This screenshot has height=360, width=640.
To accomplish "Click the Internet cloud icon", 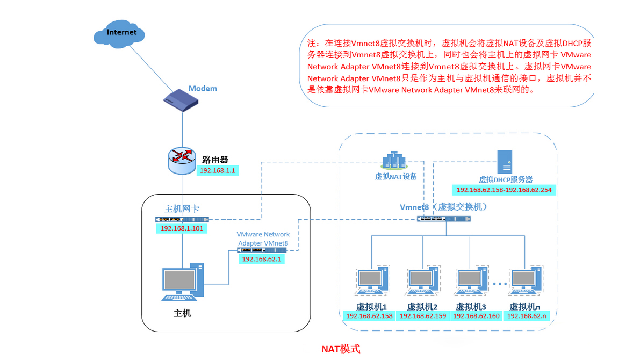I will (x=121, y=34).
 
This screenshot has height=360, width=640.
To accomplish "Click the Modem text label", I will (x=203, y=88).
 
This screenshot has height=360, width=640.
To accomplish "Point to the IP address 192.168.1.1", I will (x=218, y=170).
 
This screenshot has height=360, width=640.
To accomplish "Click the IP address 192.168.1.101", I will (x=182, y=228).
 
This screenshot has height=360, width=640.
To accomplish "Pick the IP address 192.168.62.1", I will (x=262, y=259).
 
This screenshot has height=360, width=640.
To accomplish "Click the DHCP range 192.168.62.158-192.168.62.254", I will (x=504, y=190).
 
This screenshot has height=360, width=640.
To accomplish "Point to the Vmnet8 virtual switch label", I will (x=444, y=207).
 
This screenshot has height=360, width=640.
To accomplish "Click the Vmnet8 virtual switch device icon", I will (x=444, y=219).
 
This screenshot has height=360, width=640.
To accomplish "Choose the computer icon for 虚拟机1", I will (x=371, y=283).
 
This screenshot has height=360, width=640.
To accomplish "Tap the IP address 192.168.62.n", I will (x=527, y=316).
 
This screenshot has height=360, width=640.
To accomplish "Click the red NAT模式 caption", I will (x=341, y=349).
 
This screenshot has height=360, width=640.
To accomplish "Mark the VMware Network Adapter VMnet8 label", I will (x=263, y=239).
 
